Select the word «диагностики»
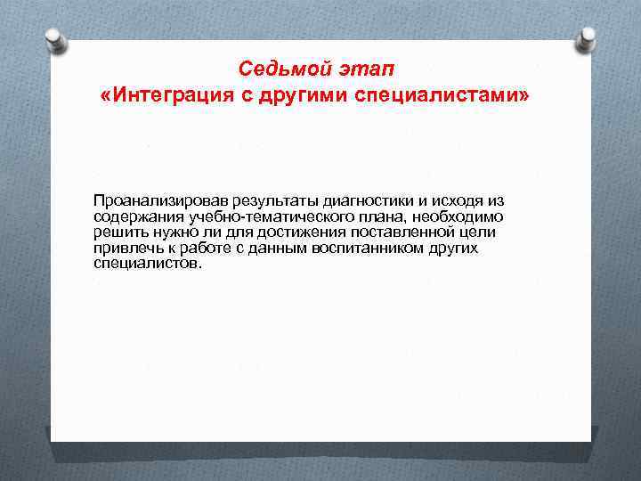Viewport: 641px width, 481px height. click(x=353, y=202)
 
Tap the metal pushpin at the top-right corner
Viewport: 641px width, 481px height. click(x=587, y=37)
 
